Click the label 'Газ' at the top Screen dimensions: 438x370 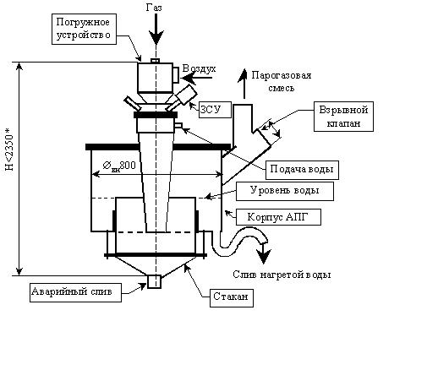pyautogui.click(x=154, y=8)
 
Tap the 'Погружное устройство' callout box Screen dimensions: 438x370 pyautogui.click(x=84, y=29)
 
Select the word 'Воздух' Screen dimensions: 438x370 pyautogui.click(x=199, y=68)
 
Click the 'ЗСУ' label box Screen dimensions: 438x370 pyautogui.click(x=215, y=110)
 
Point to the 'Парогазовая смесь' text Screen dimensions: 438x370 pyautogui.click(x=282, y=82)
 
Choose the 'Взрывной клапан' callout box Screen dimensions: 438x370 pyautogui.click(x=343, y=117)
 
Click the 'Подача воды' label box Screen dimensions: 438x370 pyautogui.click(x=302, y=170)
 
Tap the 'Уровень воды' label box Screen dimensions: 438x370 pyautogui.click(x=285, y=191)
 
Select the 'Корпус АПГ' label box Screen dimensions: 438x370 pyautogui.click(x=278, y=217)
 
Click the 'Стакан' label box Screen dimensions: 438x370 pyautogui.click(x=232, y=297)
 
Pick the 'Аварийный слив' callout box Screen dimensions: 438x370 pyautogui.click(x=75, y=292)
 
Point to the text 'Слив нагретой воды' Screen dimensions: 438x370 pyautogui.click(x=282, y=275)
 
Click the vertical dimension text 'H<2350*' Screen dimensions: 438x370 pyautogui.click(x=9, y=150)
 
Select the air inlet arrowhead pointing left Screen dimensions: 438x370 pyautogui.click(x=189, y=78)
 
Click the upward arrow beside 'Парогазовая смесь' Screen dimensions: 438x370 pyautogui.click(x=244, y=84)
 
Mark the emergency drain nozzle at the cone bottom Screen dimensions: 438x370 pyautogui.click(x=154, y=281)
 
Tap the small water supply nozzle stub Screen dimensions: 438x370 pyautogui.click(x=178, y=126)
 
